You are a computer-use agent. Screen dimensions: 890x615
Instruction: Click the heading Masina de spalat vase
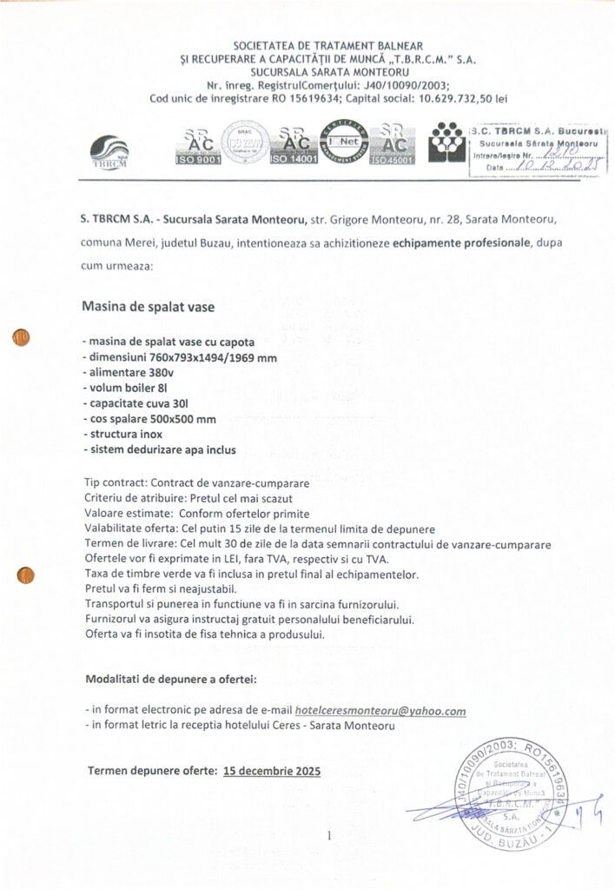click(147, 307)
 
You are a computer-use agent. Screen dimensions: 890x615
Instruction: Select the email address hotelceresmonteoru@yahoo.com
click(380, 710)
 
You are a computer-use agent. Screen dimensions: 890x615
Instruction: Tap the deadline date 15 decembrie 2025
click(272, 770)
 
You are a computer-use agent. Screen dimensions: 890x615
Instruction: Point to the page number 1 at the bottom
click(331, 836)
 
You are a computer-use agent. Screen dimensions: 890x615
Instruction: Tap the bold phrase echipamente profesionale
click(461, 244)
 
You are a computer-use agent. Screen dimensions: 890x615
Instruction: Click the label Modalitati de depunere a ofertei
click(171, 677)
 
